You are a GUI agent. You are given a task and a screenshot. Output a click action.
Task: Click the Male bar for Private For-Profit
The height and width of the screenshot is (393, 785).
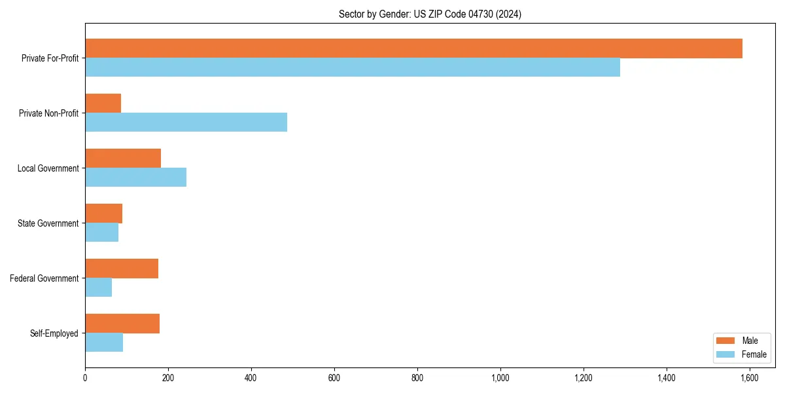pyautogui.click(x=413, y=48)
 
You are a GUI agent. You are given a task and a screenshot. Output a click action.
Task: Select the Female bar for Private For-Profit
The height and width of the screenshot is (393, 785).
pyautogui.click(x=353, y=67)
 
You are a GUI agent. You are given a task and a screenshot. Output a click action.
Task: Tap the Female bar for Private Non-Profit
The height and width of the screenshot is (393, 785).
pyautogui.click(x=186, y=122)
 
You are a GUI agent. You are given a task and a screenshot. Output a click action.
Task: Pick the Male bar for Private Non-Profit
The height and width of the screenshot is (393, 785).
pyautogui.click(x=103, y=103)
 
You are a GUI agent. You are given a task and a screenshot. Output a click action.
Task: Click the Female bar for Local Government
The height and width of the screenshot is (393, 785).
pyautogui.click(x=135, y=178)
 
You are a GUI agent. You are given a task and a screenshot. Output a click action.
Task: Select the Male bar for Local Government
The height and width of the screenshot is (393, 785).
pyautogui.click(x=123, y=159)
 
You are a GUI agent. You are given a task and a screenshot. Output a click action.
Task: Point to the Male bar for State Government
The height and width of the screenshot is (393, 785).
pyautogui.click(x=103, y=214)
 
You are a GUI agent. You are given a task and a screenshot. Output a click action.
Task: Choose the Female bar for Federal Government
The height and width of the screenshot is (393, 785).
pyautogui.click(x=98, y=288)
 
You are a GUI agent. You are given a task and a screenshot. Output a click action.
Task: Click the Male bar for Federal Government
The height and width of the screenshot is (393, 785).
pyautogui.click(x=122, y=269)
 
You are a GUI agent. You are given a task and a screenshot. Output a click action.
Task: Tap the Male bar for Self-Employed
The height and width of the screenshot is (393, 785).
pyautogui.click(x=122, y=324)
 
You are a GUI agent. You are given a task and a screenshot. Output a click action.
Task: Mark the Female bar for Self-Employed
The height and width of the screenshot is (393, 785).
pyautogui.click(x=104, y=343)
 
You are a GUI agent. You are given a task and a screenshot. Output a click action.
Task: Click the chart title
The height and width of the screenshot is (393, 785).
pyautogui.click(x=430, y=14)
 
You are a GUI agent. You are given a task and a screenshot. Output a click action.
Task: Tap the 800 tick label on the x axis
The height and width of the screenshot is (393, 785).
pyautogui.click(x=417, y=378)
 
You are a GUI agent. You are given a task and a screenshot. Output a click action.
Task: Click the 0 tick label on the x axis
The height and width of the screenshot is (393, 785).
pyautogui.click(x=85, y=378)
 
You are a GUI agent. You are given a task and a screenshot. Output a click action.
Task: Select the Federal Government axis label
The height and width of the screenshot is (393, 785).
pyautogui.click(x=44, y=278)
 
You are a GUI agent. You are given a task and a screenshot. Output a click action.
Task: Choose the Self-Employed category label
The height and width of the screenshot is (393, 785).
pyautogui.click(x=54, y=333)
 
